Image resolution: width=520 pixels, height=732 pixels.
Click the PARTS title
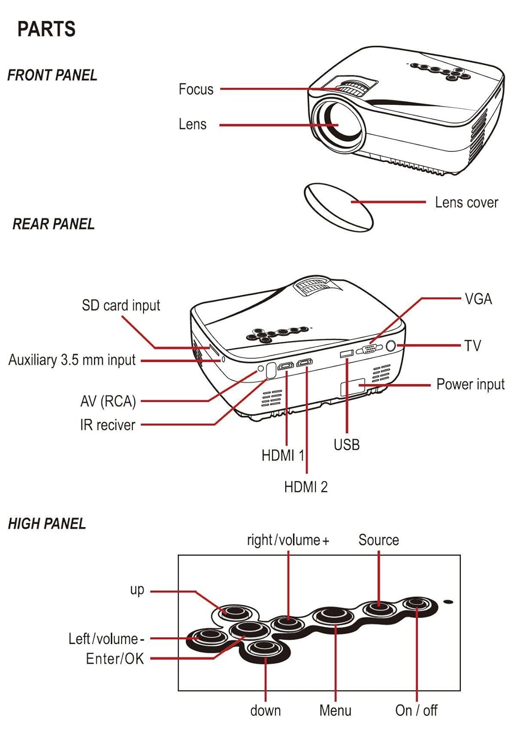46,29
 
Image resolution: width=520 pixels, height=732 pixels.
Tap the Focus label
196,89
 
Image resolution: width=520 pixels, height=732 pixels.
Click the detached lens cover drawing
338,207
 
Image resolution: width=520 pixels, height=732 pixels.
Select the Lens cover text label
466,203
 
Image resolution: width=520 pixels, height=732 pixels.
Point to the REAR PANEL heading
53,224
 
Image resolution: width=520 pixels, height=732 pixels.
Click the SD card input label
121,305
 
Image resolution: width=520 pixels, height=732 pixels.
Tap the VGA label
478,299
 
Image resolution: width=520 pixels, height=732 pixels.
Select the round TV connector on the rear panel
391,346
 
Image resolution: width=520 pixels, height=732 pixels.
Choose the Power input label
470,385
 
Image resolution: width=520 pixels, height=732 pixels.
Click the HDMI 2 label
306,487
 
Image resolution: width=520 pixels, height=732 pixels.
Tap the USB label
347,445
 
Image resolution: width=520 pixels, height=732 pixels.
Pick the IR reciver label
107,425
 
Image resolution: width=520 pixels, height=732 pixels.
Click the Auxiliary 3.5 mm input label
72,360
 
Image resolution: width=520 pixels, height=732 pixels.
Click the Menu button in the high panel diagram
333,616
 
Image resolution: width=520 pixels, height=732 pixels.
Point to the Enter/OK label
115,658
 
